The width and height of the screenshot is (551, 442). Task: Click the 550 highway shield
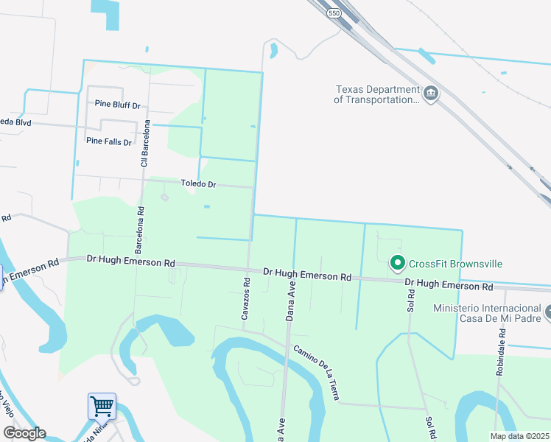[334, 13]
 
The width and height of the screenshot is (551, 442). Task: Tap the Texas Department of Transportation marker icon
[431, 94]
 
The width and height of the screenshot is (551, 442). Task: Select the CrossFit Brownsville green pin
[398, 262]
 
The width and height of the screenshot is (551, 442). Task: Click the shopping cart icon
[102, 406]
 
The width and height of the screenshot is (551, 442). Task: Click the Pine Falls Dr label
[108, 141]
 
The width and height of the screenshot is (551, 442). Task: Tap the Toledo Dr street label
[198, 183]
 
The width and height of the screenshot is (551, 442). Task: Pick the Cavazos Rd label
[246, 298]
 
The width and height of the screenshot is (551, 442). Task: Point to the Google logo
[24, 433]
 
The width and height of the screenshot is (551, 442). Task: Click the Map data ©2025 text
[520, 436]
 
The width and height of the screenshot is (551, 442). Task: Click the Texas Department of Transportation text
[376, 94]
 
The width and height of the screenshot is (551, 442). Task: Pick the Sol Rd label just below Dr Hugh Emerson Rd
[410, 297]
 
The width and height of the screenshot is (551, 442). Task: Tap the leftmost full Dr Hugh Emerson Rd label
[130, 261]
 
